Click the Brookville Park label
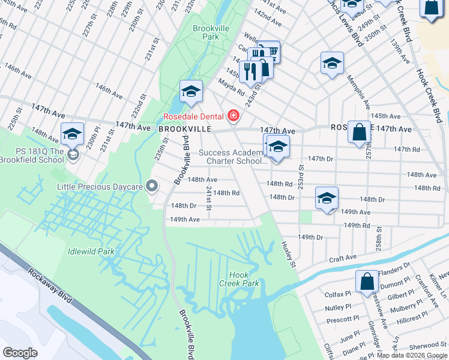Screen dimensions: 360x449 coord(206,32)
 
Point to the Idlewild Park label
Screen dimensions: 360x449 coord(91,252)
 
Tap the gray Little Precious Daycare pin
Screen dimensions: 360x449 coord(152,187)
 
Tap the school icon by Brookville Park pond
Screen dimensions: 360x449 coord(191,91)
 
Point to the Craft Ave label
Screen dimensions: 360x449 coord(343,258)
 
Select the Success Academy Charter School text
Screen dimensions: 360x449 coord(231,157)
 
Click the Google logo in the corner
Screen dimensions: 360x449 coord(20,353)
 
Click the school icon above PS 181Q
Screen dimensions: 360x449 coord(72,133)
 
